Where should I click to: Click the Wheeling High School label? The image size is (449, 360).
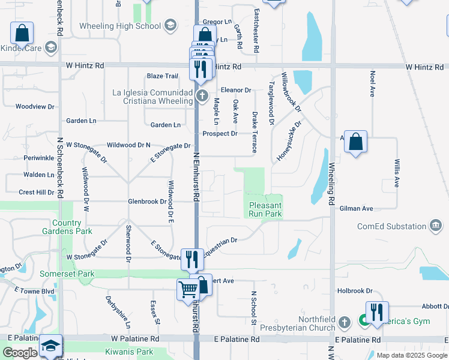pyautogui.click(x=120, y=26)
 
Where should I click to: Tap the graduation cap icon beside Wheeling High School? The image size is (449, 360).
pyautogui.click(x=170, y=25)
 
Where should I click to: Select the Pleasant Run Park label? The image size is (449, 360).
pyautogui.click(x=265, y=209)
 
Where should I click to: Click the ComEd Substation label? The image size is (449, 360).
pyautogui.click(x=391, y=226)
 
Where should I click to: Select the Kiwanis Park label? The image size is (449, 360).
pyautogui.click(x=128, y=351)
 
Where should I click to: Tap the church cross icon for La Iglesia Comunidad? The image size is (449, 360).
pyautogui.click(x=203, y=95)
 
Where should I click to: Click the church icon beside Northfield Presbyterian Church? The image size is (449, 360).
pyautogui.click(x=345, y=322)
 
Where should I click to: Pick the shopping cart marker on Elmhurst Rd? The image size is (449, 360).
pyautogui.click(x=188, y=290)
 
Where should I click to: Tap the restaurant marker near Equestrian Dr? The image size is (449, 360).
pyautogui.click(x=191, y=259)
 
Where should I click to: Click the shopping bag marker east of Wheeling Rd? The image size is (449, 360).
pyautogui.click(x=356, y=143)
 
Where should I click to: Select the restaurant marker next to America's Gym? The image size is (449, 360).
pyautogui.click(x=377, y=313)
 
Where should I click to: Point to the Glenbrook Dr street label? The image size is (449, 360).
pyautogui.click(x=146, y=202)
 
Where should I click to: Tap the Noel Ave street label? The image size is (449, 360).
pyautogui.click(x=373, y=84)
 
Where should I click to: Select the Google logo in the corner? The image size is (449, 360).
pyautogui.click(x=19, y=353)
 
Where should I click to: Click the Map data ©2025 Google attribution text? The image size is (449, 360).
pyautogui.click(x=411, y=355)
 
